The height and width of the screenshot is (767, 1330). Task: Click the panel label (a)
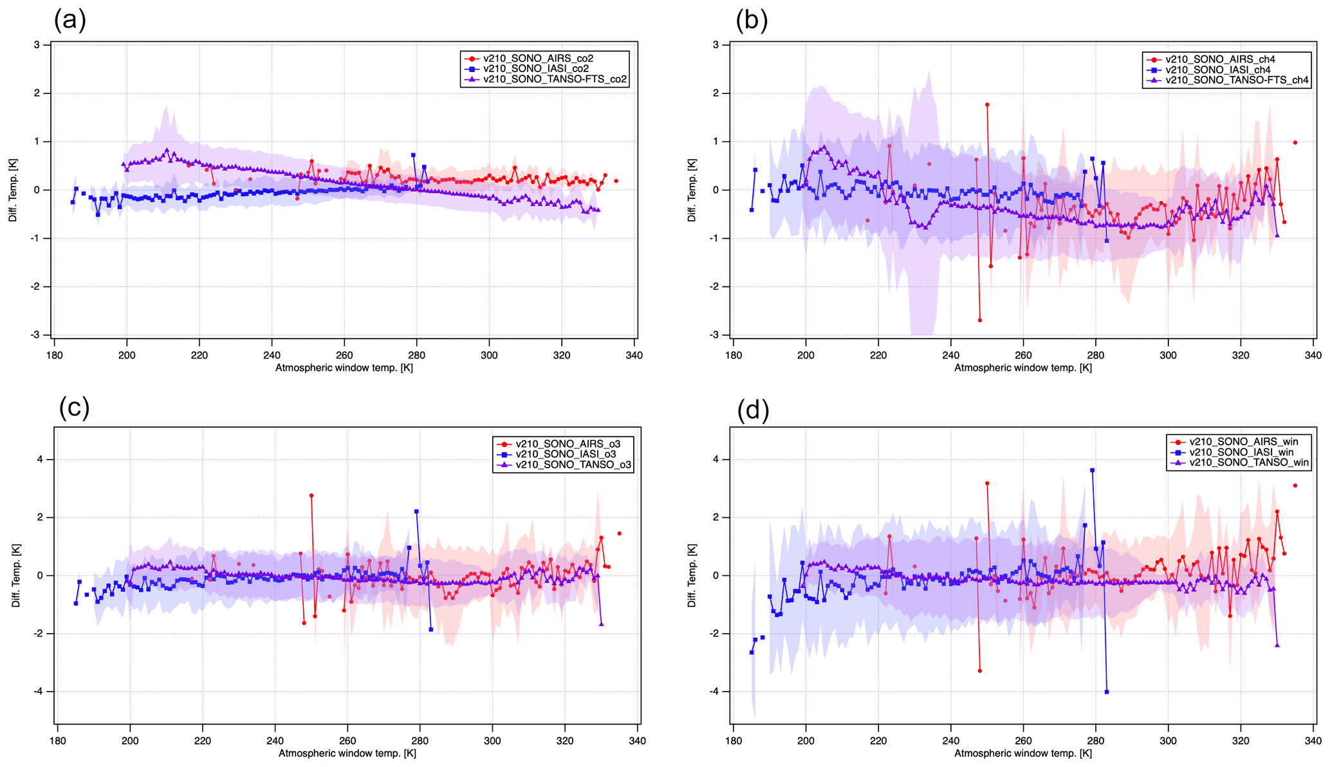[69, 21]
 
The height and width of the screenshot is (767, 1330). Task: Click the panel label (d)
[753, 409]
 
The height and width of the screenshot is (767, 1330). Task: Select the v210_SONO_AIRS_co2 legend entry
[538, 59]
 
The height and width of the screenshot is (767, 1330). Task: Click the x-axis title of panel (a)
[344, 368]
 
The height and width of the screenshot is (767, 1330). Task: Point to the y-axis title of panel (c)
[15, 575]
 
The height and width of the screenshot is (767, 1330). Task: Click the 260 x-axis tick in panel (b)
[1023, 355]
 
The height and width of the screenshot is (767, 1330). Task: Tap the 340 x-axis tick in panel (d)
[1313, 741]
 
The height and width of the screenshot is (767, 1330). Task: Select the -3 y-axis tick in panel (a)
[37, 335]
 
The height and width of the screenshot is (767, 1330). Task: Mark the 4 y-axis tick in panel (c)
[40, 459]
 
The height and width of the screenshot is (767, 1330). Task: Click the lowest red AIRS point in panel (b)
[979, 320]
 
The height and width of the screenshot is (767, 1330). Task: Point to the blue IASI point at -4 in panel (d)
[1107, 692]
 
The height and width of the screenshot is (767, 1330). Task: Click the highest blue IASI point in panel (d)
[1092, 470]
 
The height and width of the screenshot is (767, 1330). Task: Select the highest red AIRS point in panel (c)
[311, 495]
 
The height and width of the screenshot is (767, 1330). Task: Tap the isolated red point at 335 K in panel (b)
[1295, 143]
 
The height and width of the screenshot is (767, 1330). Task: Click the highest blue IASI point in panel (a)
[413, 155]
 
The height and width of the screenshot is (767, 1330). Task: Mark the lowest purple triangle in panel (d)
[1277, 645]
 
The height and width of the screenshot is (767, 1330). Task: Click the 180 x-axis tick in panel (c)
[57, 741]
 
